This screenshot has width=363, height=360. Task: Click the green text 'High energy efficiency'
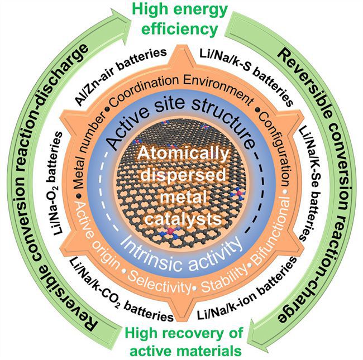coord(180,20)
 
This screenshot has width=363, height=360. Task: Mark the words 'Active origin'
coord(97,234)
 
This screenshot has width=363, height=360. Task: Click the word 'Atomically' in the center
coord(183,155)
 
